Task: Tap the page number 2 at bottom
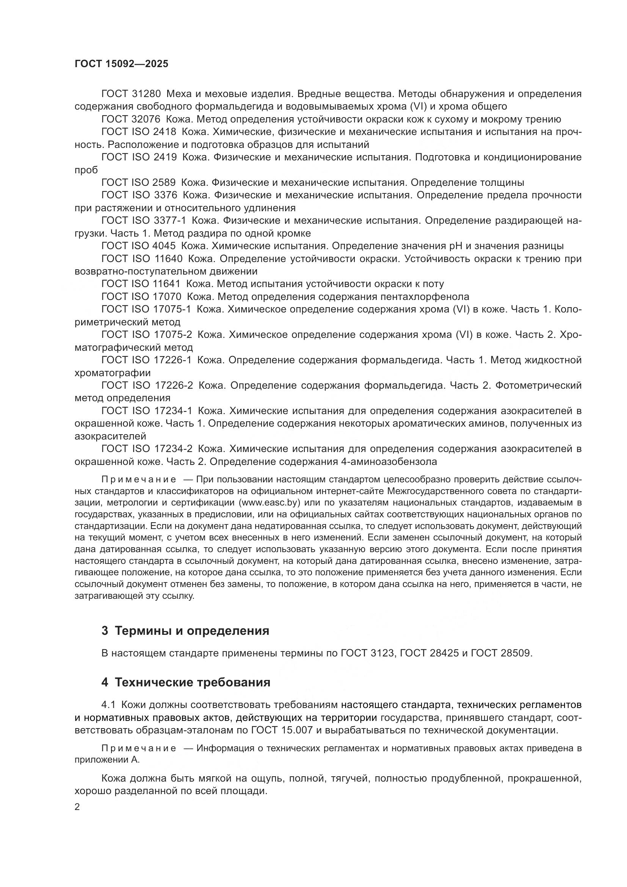coord(77,807)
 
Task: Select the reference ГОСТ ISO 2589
coord(138,182)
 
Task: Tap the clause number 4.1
coord(108,705)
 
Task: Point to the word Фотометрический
coord(538,386)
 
